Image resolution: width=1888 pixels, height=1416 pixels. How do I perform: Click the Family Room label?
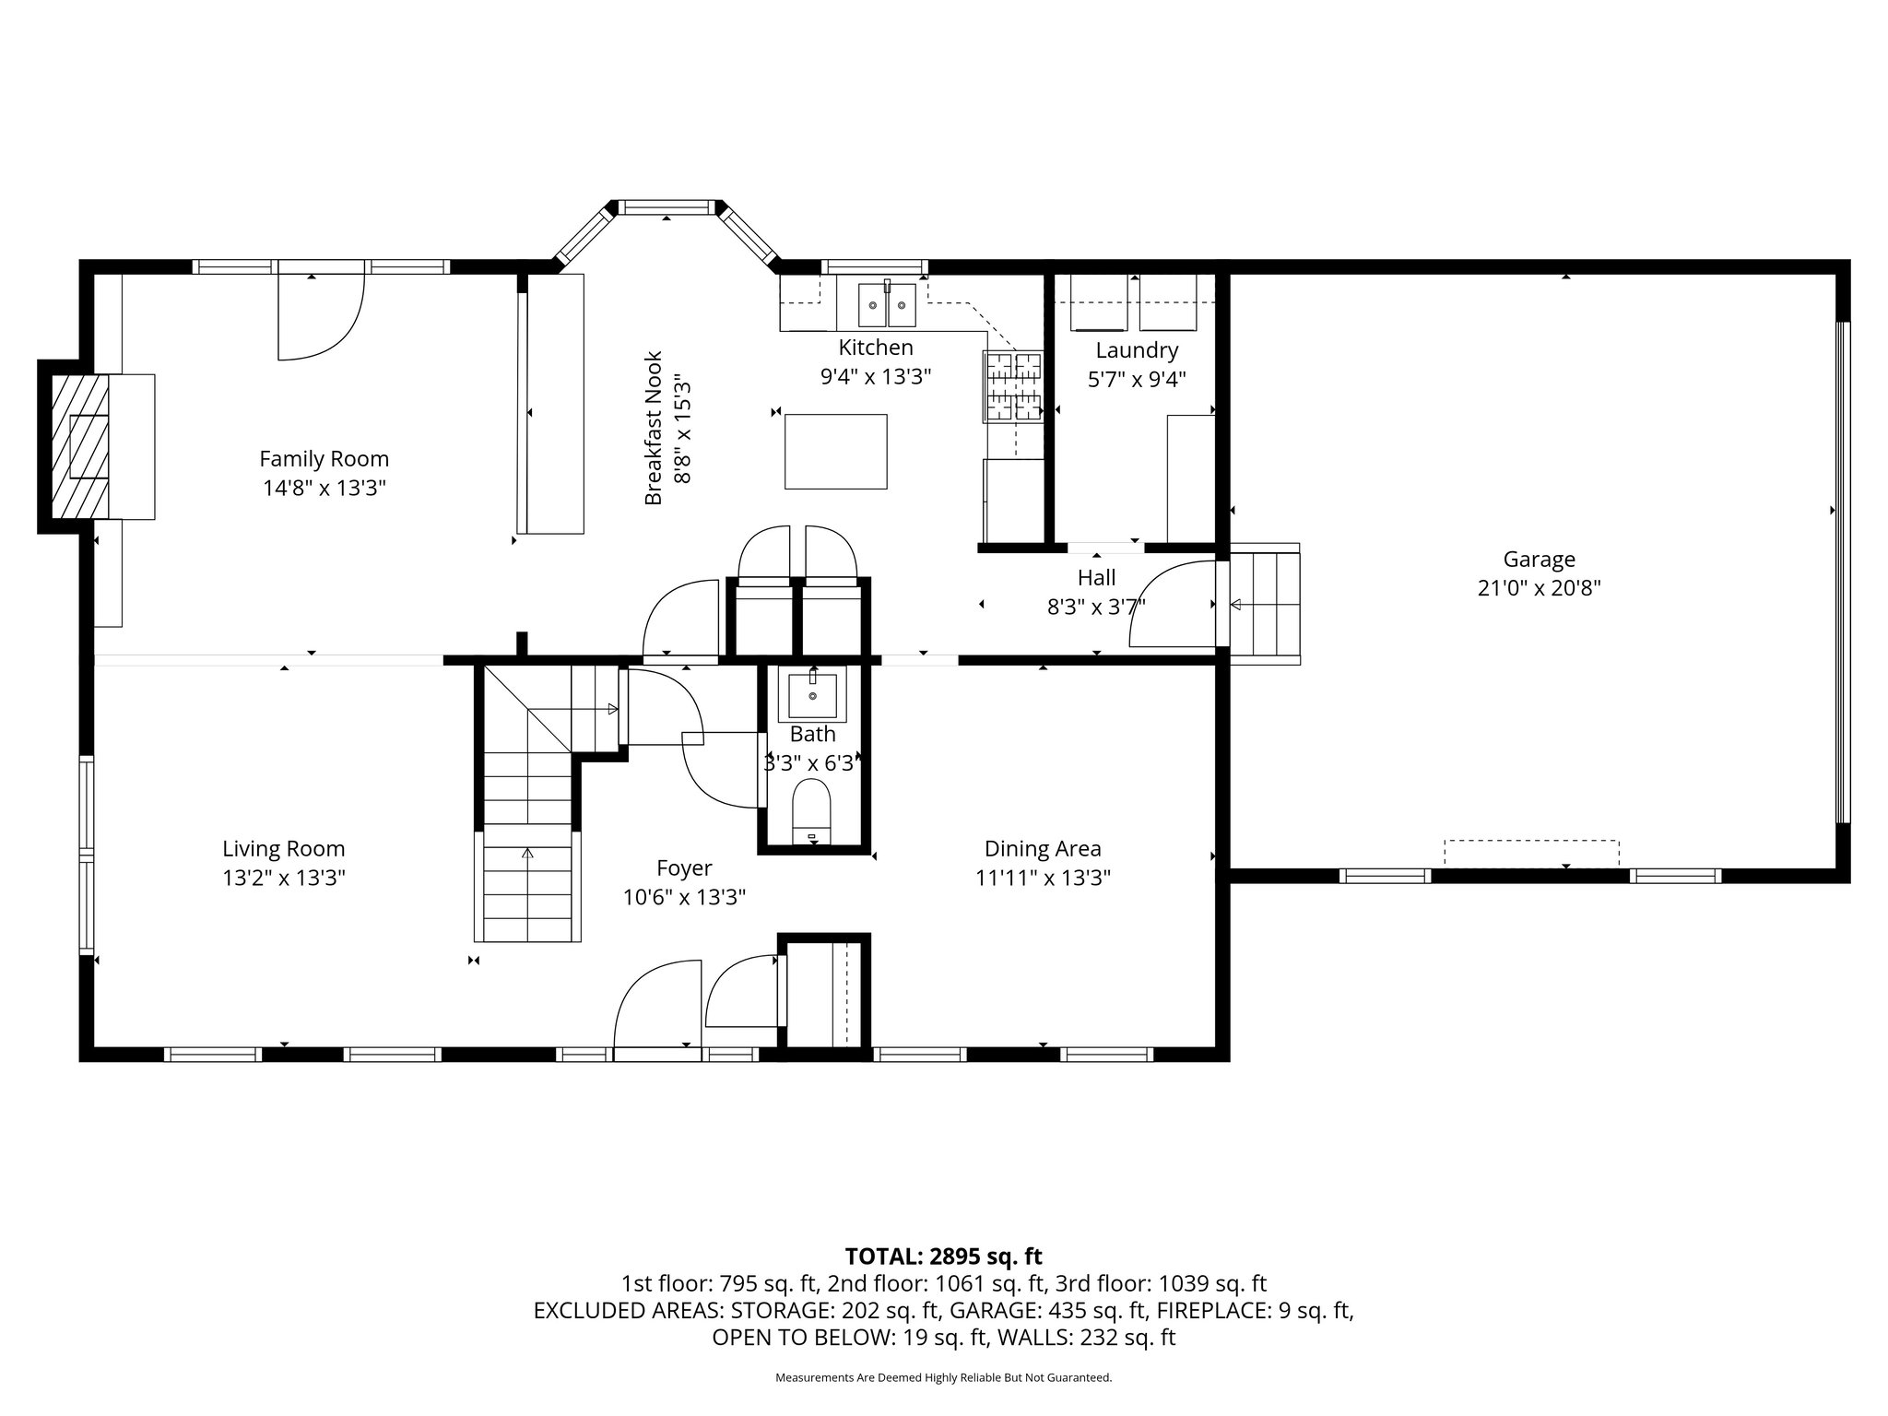[324, 458]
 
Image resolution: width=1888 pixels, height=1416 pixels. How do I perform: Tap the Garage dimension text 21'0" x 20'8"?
[1539, 588]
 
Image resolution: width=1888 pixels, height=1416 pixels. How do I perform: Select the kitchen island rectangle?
[836, 451]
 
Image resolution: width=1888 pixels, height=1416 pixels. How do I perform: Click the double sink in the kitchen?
[888, 304]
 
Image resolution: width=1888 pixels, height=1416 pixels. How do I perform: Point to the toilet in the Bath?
[812, 811]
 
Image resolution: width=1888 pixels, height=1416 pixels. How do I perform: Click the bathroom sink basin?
[812, 696]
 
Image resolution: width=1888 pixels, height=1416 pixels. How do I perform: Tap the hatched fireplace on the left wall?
[80, 446]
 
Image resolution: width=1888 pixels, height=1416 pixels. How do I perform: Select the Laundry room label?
[1137, 350]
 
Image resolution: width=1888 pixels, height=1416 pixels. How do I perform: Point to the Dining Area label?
[1043, 848]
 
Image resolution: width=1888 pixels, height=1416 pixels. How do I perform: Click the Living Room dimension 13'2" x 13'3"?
[284, 878]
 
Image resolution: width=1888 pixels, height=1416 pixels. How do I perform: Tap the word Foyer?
[684, 868]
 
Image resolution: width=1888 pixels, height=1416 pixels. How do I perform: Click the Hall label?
[1096, 578]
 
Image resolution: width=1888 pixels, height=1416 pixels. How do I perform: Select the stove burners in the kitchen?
[1013, 386]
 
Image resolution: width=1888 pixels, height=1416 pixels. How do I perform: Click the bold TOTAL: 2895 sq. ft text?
[944, 1256]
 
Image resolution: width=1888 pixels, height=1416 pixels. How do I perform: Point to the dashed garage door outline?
[1531, 854]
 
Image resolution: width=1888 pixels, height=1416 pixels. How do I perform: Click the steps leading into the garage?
[1263, 604]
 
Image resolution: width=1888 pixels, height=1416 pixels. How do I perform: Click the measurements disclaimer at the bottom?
[944, 1378]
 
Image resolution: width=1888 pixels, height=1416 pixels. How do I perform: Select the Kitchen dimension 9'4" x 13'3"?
[876, 376]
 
